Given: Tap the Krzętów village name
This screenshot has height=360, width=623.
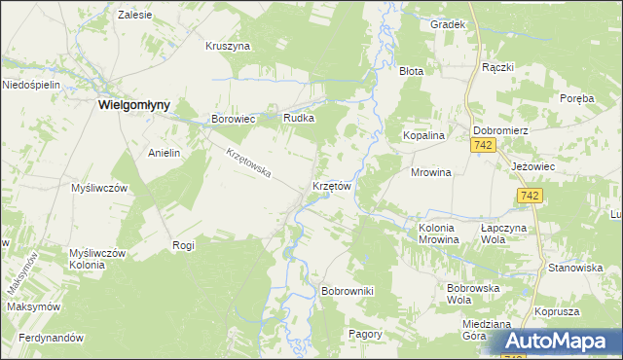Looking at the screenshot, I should (x=331, y=185).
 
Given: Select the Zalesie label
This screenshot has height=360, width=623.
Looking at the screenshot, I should (x=135, y=16).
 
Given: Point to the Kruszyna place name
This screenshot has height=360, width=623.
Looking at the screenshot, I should (x=229, y=46).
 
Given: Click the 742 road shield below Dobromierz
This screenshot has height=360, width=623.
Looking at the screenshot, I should (x=484, y=145).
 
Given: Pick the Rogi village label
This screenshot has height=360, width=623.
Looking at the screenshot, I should (x=183, y=245).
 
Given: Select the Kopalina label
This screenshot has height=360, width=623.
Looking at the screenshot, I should (x=424, y=136).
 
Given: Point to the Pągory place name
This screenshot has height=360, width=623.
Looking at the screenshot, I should (x=365, y=334).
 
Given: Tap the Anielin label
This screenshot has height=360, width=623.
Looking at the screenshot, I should (x=165, y=153).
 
